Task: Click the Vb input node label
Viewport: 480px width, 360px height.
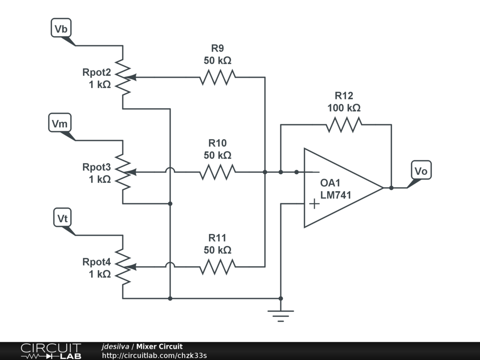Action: [61, 29]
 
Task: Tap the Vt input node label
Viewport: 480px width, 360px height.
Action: [63, 218]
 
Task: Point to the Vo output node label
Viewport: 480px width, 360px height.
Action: [421, 171]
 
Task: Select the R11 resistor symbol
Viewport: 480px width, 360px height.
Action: [217, 267]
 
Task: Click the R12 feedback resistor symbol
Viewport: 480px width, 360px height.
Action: [344, 125]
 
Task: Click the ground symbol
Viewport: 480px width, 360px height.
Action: [281, 314]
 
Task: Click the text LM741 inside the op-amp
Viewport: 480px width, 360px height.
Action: [336, 195]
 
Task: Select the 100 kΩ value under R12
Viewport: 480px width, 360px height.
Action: [344, 108]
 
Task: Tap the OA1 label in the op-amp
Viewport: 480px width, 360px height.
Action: [331, 183]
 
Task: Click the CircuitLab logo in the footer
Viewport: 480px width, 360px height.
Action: [50, 351]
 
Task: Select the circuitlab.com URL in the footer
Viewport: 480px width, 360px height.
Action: [154, 355]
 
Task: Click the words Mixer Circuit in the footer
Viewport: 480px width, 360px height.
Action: [159, 346]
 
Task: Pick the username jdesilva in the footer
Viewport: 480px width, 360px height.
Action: [115, 346]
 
